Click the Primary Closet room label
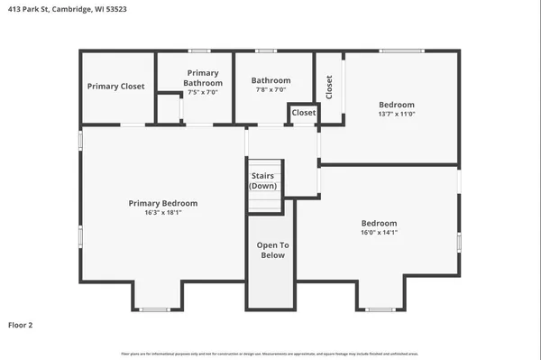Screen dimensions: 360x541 [115, 87]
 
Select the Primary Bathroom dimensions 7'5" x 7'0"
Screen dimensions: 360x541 [203, 92]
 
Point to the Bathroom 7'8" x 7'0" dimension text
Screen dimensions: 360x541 [270, 90]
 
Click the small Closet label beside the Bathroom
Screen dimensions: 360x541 [304, 113]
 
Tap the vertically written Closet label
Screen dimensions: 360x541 [329, 87]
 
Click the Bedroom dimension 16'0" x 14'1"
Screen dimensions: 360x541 [379, 233]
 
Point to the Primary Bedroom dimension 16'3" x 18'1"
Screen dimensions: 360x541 [162, 213]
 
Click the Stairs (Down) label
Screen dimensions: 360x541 [263, 180]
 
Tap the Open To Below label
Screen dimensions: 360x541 [271, 250]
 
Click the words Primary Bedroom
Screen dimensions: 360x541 [162, 203]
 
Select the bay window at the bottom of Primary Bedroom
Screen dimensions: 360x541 [154, 309]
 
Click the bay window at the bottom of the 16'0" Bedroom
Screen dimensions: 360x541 [379, 309]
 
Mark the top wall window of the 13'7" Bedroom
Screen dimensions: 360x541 [401, 51]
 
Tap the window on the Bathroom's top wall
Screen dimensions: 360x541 [265, 51]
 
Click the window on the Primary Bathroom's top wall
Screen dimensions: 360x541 [199, 51]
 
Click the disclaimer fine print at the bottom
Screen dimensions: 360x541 [270, 353]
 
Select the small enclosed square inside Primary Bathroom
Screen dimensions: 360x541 [168, 107]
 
